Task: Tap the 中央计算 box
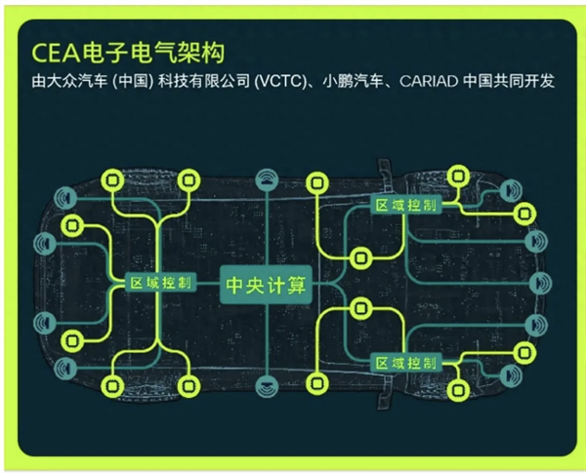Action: (266, 285)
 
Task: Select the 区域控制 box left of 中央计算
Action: (161, 283)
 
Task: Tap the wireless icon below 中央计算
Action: (266, 387)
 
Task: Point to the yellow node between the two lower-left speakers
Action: (70, 340)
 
